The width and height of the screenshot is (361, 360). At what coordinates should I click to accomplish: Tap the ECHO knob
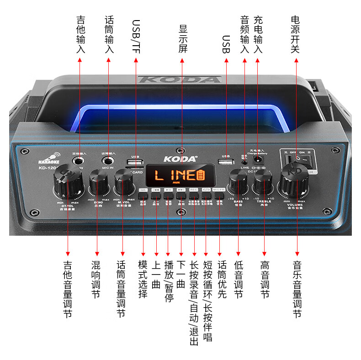click(x=97, y=181)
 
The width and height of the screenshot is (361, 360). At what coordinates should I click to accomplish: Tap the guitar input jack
click(x=80, y=161)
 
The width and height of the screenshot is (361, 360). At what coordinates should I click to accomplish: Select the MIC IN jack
click(x=109, y=161)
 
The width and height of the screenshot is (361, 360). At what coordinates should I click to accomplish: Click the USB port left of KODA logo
click(x=135, y=163)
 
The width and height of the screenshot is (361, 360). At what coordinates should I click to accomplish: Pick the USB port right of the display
click(x=225, y=162)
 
